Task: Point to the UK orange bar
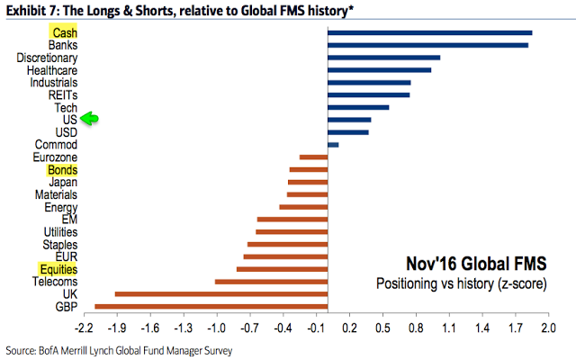click(220, 293)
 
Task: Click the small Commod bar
click(333, 144)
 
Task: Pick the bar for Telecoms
click(271, 281)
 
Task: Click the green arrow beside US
click(89, 119)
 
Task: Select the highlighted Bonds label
click(62, 169)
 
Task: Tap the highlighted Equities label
click(58, 268)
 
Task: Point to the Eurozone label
click(56, 157)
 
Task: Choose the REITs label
click(63, 94)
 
